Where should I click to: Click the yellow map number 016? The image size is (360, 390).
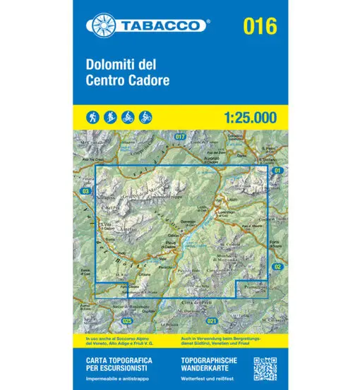pos(259,25)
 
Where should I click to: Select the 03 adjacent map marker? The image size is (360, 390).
pos(85,191)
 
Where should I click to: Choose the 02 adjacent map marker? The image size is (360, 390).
pos(277,266)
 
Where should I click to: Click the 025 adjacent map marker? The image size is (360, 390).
pos(127,322)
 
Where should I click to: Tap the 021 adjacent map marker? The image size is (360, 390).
pos(212,322)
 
